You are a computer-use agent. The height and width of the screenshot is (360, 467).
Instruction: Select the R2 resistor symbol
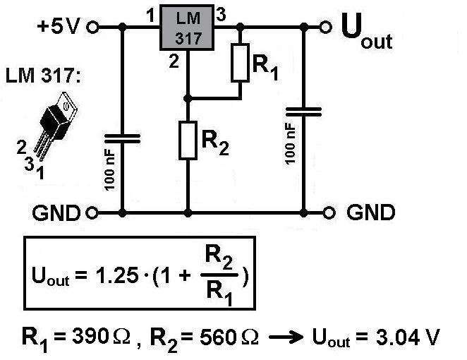pyautogui.click(x=188, y=140)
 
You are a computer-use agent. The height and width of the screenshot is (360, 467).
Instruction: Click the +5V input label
pyautogui.click(x=59, y=28)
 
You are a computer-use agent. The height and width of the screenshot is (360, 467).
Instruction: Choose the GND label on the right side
pyautogui.click(x=371, y=212)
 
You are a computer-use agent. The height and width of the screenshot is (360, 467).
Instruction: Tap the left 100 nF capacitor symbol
pyautogui.click(x=123, y=139)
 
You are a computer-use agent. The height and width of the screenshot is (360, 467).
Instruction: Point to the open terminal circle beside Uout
pyautogui.click(x=325, y=27)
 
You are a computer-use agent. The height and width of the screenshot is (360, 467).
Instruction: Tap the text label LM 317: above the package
pyautogui.click(x=44, y=74)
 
